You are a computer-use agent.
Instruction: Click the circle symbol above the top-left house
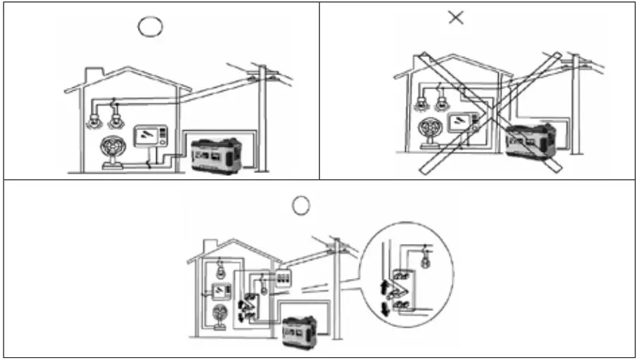click(x=151, y=26)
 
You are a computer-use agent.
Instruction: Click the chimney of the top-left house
click(x=93, y=75)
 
